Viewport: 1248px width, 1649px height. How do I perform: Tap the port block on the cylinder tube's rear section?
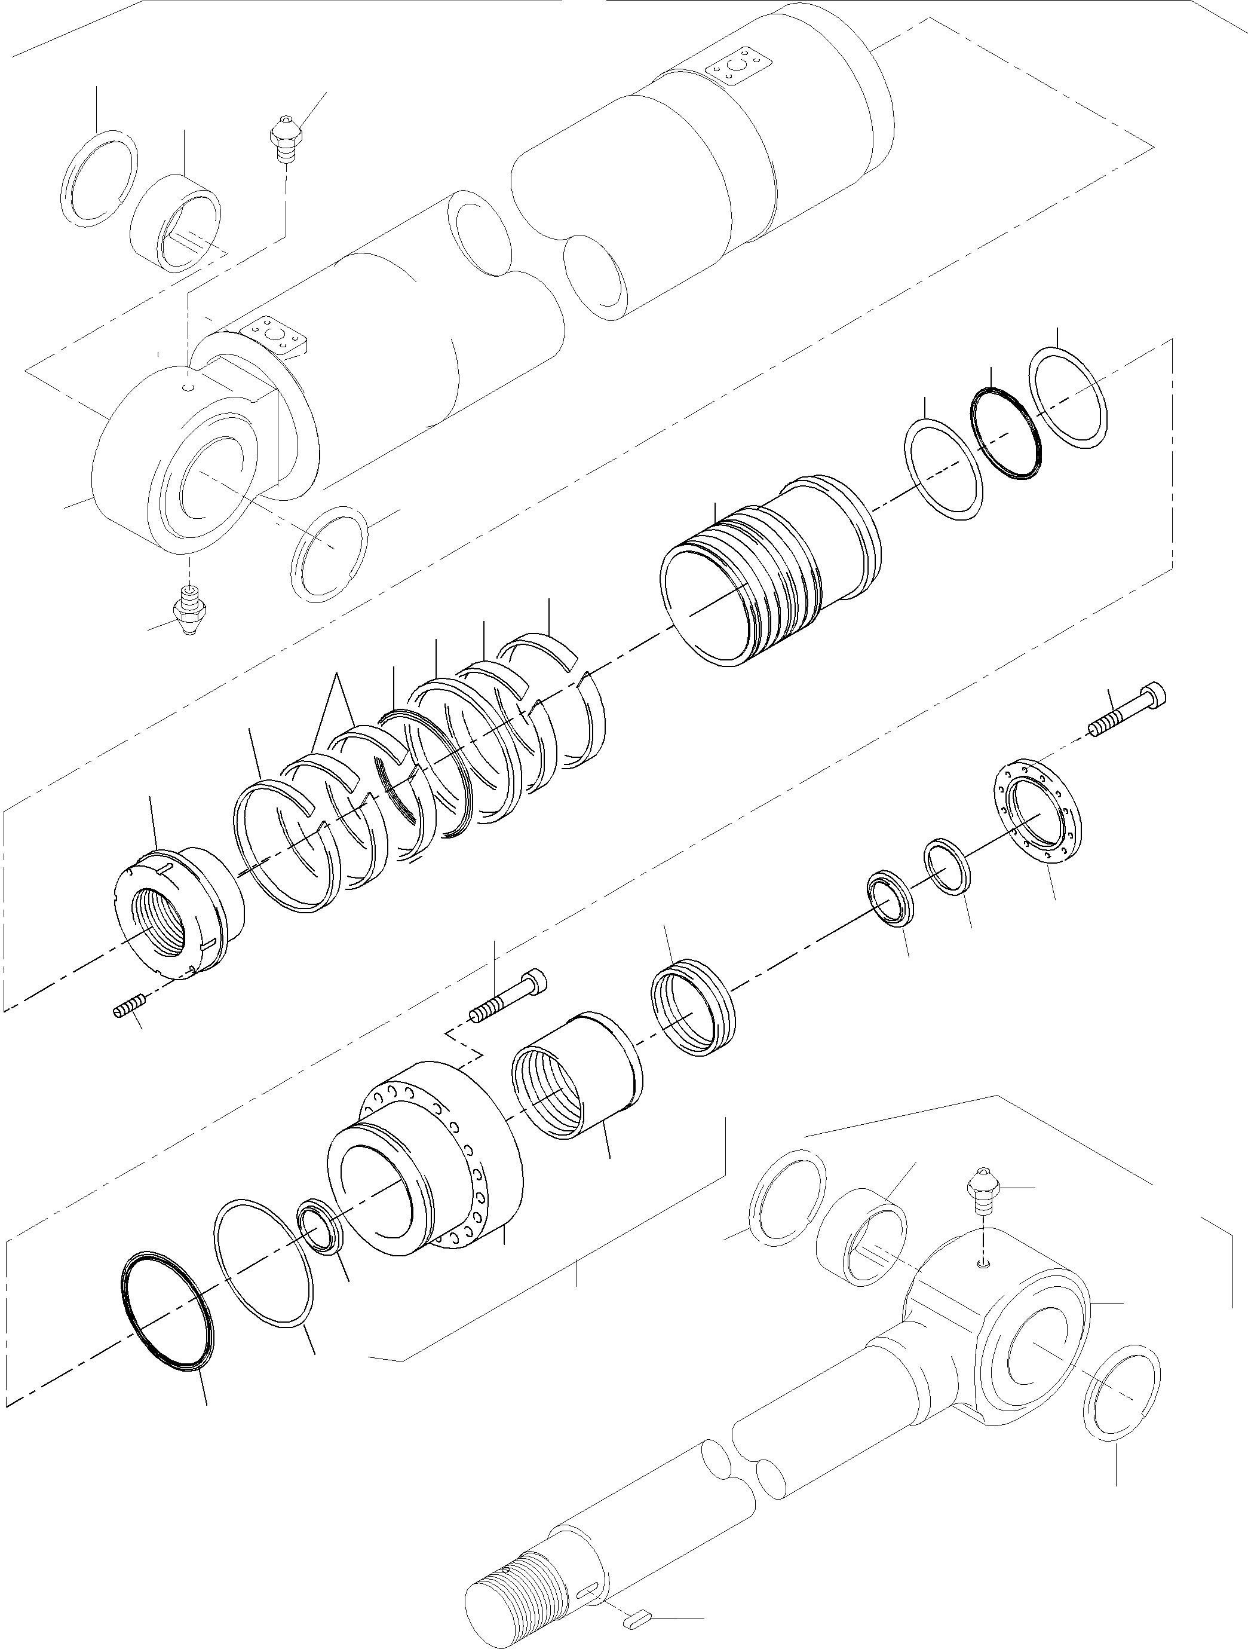click(738, 69)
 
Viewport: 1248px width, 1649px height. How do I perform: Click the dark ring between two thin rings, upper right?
click(1006, 432)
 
